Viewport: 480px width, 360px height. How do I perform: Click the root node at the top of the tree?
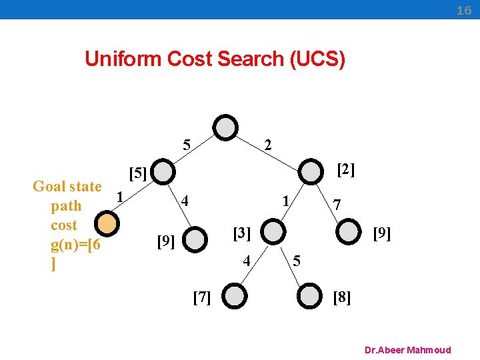coord(227,127)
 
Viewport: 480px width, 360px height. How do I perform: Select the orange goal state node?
coord(107,224)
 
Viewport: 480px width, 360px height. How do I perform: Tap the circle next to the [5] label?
coord(162,172)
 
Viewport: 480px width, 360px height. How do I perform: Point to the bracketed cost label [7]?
coord(201,297)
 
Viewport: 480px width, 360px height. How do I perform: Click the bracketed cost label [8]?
coord(341,297)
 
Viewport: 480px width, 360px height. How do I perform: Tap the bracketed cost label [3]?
coord(241,233)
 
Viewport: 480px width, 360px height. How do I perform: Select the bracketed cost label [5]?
coord(137,174)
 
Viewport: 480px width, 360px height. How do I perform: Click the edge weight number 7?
coord(337,205)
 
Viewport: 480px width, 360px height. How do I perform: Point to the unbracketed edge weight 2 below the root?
coord(267,144)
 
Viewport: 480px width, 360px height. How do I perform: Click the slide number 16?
coord(463,10)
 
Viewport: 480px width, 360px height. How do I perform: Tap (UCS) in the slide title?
coord(317,59)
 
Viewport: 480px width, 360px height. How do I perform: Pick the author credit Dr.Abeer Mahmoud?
coord(408,350)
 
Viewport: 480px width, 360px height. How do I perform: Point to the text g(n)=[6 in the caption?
coord(75,245)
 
